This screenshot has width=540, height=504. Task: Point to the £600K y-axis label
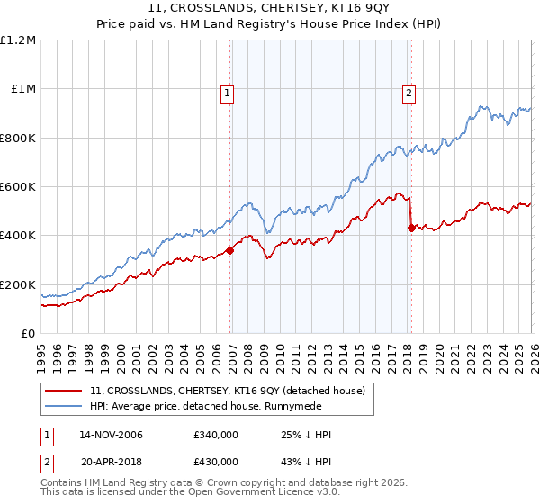(20, 187)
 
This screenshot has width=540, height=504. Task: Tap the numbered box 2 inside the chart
(409, 92)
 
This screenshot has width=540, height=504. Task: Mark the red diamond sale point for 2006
(230, 250)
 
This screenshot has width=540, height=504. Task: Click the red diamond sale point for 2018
(411, 228)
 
